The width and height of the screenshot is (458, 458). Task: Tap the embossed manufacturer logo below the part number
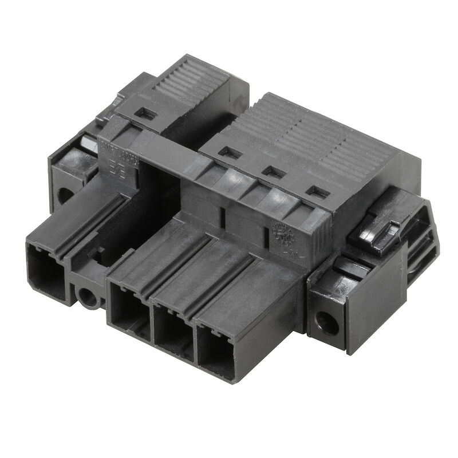coord(119,170)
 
